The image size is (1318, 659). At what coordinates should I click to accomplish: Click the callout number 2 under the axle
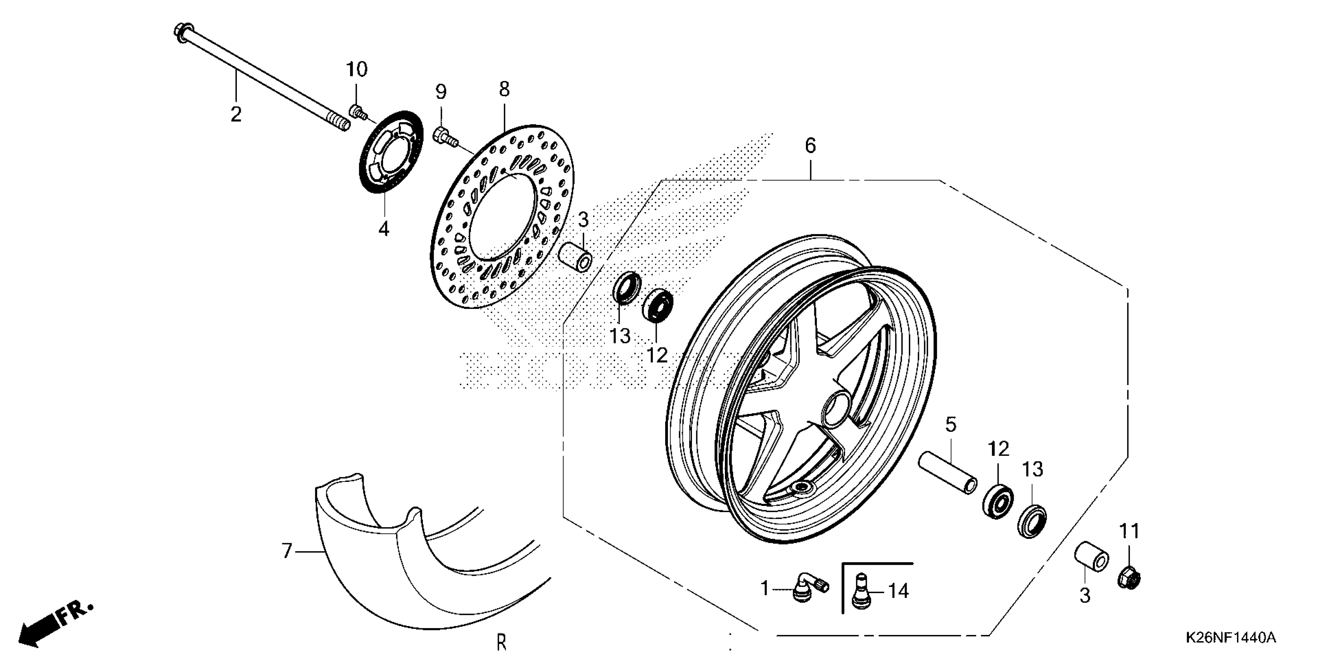[x=236, y=114]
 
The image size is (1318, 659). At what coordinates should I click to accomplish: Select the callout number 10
[x=357, y=69]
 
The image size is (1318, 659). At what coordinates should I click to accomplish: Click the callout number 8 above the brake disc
[x=504, y=89]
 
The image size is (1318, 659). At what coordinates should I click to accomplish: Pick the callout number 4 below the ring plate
[x=384, y=228]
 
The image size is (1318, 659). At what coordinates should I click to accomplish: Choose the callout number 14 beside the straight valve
[x=898, y=591]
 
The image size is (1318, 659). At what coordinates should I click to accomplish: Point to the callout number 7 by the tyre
[x=287, y=551]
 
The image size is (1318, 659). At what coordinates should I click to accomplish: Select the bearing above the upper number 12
[x=657, y=305]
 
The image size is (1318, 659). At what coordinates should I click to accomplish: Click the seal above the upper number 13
[x=627, y=289]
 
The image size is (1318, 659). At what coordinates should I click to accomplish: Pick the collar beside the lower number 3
[x=1091, y=561]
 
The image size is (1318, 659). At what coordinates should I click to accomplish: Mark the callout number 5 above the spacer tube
[x=950, y=424]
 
